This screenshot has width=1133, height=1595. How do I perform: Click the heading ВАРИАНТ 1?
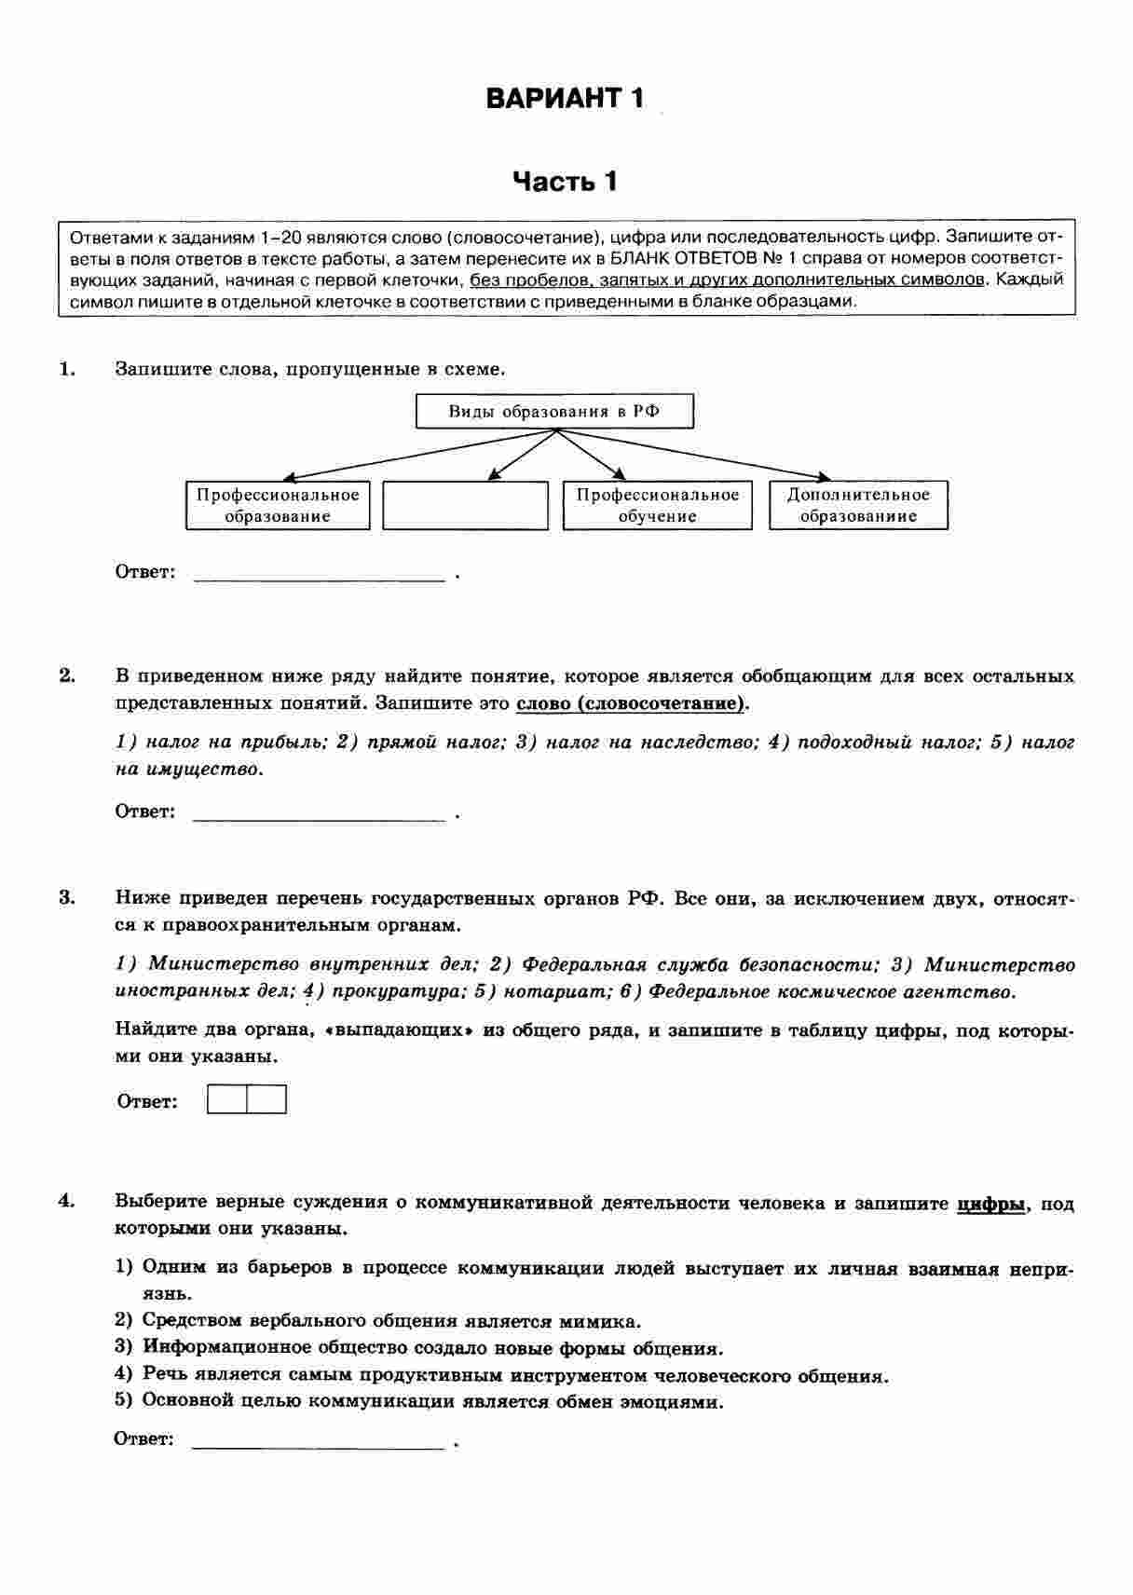565,98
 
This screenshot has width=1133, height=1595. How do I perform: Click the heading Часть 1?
565,181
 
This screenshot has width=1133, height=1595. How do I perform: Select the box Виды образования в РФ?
554,412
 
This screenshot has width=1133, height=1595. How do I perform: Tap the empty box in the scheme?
466,506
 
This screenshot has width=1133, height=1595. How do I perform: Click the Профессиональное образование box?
278,506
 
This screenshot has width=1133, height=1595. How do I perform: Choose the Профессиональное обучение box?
657,506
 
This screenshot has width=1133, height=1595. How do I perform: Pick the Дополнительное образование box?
858,506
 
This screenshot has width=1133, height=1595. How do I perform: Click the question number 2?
67,675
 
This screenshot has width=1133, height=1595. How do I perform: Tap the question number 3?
67,898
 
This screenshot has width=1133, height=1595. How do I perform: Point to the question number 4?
67,1201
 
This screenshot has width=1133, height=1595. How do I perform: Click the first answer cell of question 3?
227,1100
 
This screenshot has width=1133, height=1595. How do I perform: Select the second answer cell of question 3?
266,1100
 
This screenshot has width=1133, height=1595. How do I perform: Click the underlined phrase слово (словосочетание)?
631,703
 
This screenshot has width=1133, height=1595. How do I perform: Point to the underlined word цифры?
991,1204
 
